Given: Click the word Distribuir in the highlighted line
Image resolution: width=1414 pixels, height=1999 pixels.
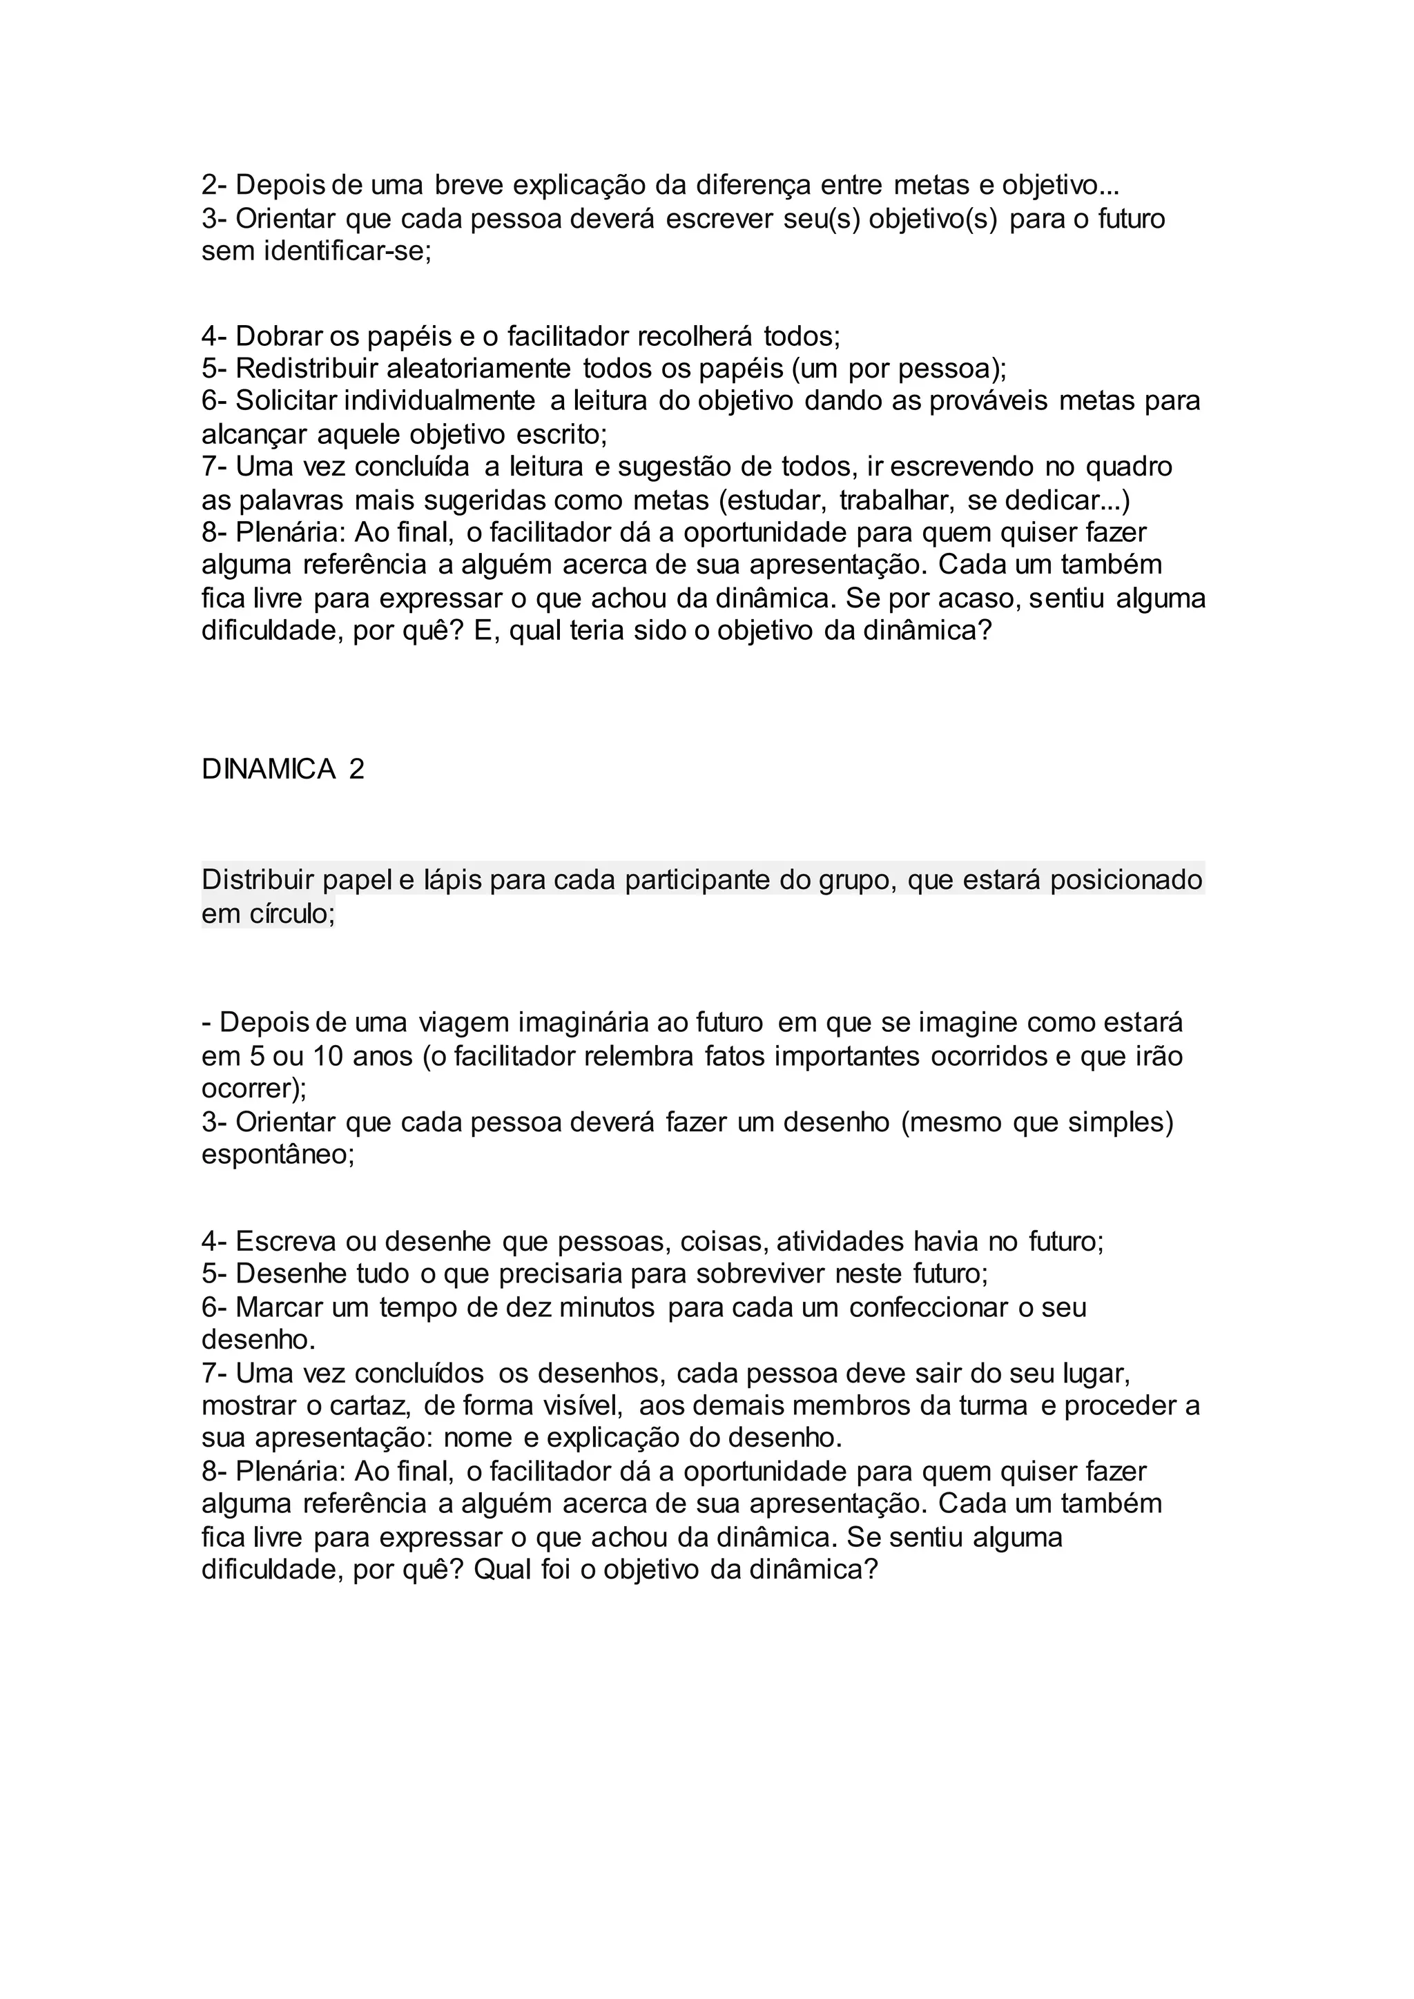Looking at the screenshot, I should pos(257,880).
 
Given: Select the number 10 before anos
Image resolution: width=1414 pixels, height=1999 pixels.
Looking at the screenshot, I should pos(328,1056).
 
